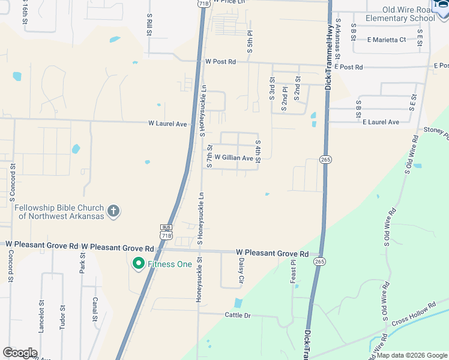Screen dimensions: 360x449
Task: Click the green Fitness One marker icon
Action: click(x=139, y=264)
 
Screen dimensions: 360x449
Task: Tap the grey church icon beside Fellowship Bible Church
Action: click(x=113, y=211)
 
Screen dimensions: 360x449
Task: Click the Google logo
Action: click(x=20, y=353)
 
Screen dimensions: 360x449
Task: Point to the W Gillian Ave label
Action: click(x=234, y=158)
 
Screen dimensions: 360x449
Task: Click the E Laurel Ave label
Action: click(x=381, y=122)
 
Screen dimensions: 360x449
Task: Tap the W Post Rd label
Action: click(x=220, y=62)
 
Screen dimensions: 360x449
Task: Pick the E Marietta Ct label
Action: click(x=387, y=40)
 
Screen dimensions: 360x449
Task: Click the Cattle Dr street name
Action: click(x=237, y=315)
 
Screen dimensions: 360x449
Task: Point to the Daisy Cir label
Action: click(x=241, y=271)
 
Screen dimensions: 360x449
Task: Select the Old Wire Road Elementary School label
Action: click(x=409, y=14)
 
